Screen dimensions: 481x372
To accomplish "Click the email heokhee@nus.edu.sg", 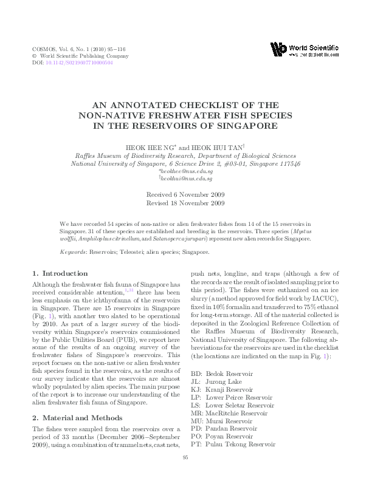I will (x=185, y=172).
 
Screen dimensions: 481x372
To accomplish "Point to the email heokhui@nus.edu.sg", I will (x=185, y=179).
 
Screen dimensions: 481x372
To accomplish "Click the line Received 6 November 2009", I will (x=185, y=194).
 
